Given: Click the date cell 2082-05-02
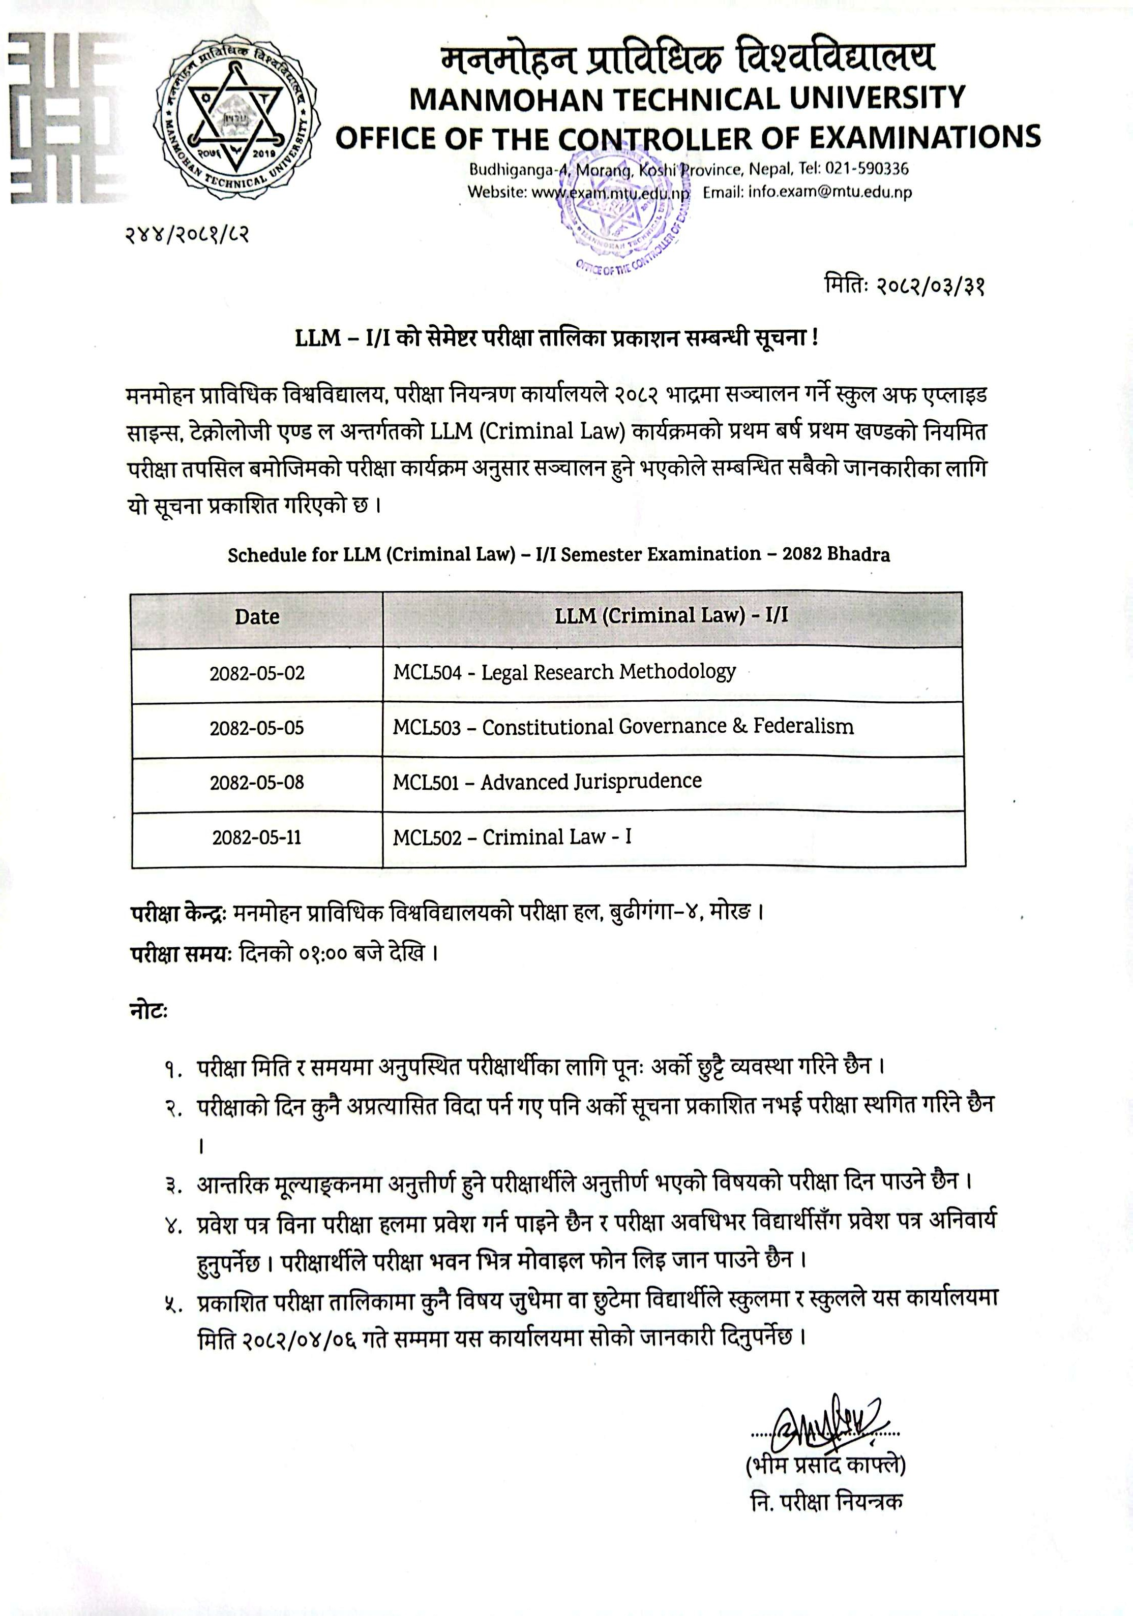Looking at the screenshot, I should coord(257,673).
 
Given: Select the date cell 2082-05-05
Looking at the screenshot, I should coord(257,728).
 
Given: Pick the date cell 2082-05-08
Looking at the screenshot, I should coord(257,783).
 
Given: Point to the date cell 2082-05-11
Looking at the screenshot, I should coord(257,837).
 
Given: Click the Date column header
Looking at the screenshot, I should coord(257,617).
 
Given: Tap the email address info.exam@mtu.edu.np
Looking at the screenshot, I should coord(829,192).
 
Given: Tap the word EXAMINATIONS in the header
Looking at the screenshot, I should coord(925,137).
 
